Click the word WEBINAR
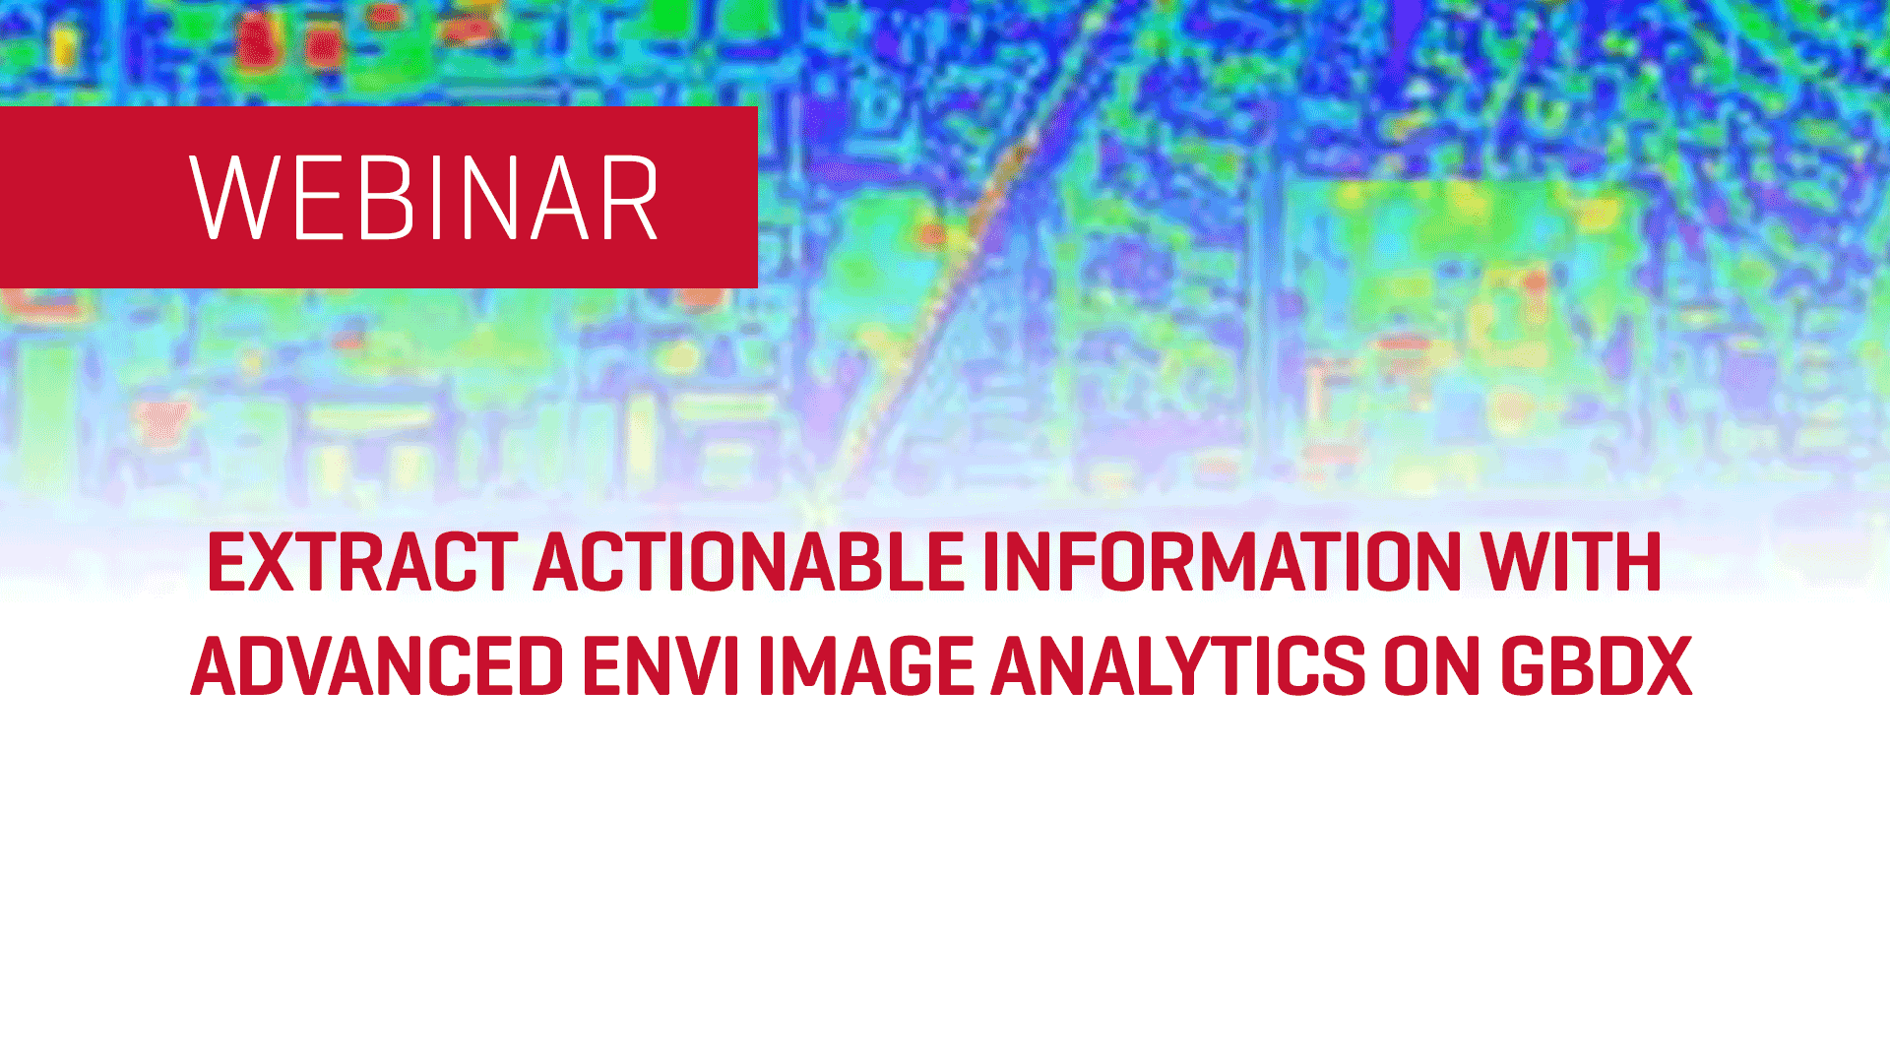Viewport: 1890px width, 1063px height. pos(424,198)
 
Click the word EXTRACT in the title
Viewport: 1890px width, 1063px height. pos(362,563)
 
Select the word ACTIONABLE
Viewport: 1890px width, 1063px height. pos(749,563)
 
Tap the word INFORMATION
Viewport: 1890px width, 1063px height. pos(1222,563)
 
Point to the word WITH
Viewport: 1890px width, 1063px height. pos(1571,563)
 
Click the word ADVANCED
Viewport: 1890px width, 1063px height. pos(377,667)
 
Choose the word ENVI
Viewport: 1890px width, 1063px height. pos(661,667)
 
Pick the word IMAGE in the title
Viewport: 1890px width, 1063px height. pos(865,667)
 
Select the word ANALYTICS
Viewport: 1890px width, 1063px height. pos(1178,667)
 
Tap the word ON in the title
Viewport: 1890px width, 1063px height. pos(1432,667)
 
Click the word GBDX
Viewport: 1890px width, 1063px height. pos(1596,667)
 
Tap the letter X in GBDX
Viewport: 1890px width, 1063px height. pos(1666,667)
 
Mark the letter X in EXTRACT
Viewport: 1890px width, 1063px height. pos(271,563)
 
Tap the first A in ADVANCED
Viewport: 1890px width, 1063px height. pos(216,667)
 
